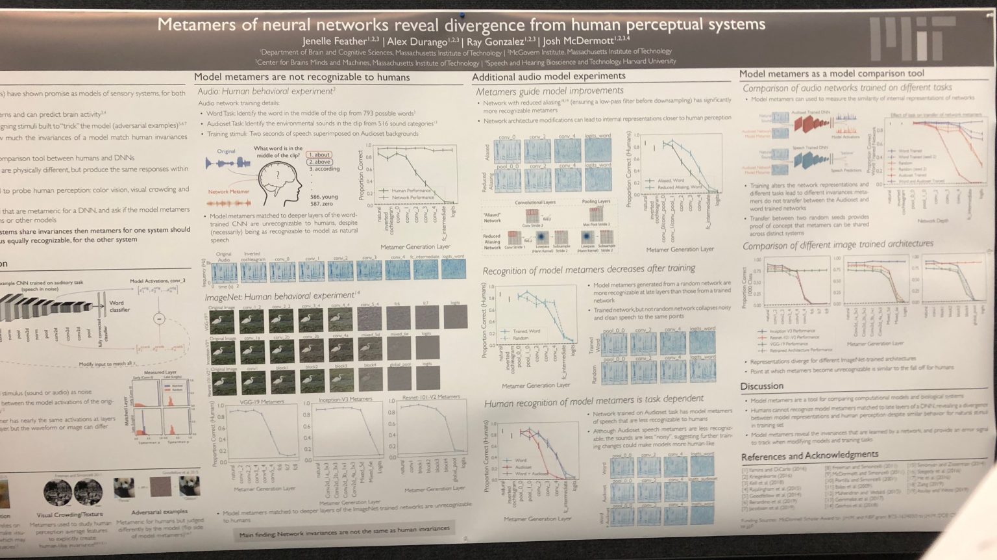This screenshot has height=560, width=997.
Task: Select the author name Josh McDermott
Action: coord(578,41)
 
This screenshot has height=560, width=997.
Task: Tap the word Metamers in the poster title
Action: coord(196,25)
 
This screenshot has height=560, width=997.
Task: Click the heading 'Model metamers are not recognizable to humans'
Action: coord(302,77)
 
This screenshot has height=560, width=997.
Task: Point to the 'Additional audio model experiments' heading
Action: coord(548,77)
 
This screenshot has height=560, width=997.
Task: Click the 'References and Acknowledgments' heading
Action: coord(809,455)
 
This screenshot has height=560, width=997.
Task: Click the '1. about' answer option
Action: coord(319,155)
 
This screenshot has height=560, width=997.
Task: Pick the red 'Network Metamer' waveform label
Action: coord(228,192)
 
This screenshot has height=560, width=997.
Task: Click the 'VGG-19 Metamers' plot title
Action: coord(262,401)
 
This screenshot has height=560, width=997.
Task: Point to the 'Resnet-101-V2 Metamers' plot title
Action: coord(431,397)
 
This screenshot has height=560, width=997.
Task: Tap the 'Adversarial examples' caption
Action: coord(159,512)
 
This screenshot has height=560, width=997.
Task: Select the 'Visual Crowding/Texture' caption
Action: coord(69,514)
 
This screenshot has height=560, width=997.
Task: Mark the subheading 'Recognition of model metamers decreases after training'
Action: coord(589,269)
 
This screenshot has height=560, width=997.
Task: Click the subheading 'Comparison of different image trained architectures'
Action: coord(838,244)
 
